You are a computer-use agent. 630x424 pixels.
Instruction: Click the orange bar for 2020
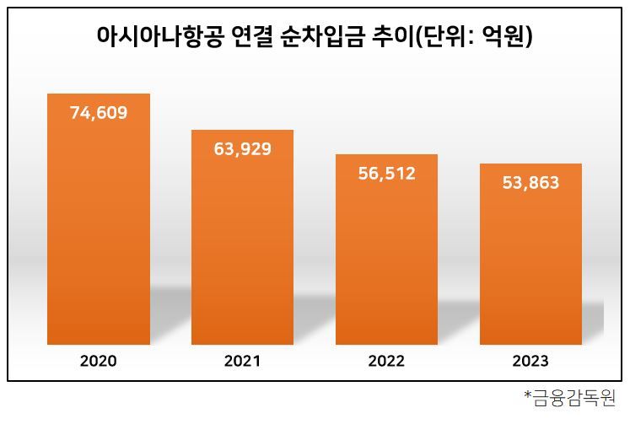click(x=99, y=236)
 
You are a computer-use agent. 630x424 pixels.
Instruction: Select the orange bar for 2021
click(x=242, y=253)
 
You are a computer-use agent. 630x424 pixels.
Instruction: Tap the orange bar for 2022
click(x=386, y=261)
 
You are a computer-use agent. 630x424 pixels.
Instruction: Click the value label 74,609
click(x=99, y=113)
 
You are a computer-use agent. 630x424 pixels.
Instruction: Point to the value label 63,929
click(x=243, y=149)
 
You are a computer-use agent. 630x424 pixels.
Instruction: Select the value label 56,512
click(x=386, y=174)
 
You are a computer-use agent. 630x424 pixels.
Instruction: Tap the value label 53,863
click(x=530, y=183)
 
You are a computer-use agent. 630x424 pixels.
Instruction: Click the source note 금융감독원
click(x=576, y=397)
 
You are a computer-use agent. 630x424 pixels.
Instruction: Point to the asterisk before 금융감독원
click(x=528, y=394)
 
